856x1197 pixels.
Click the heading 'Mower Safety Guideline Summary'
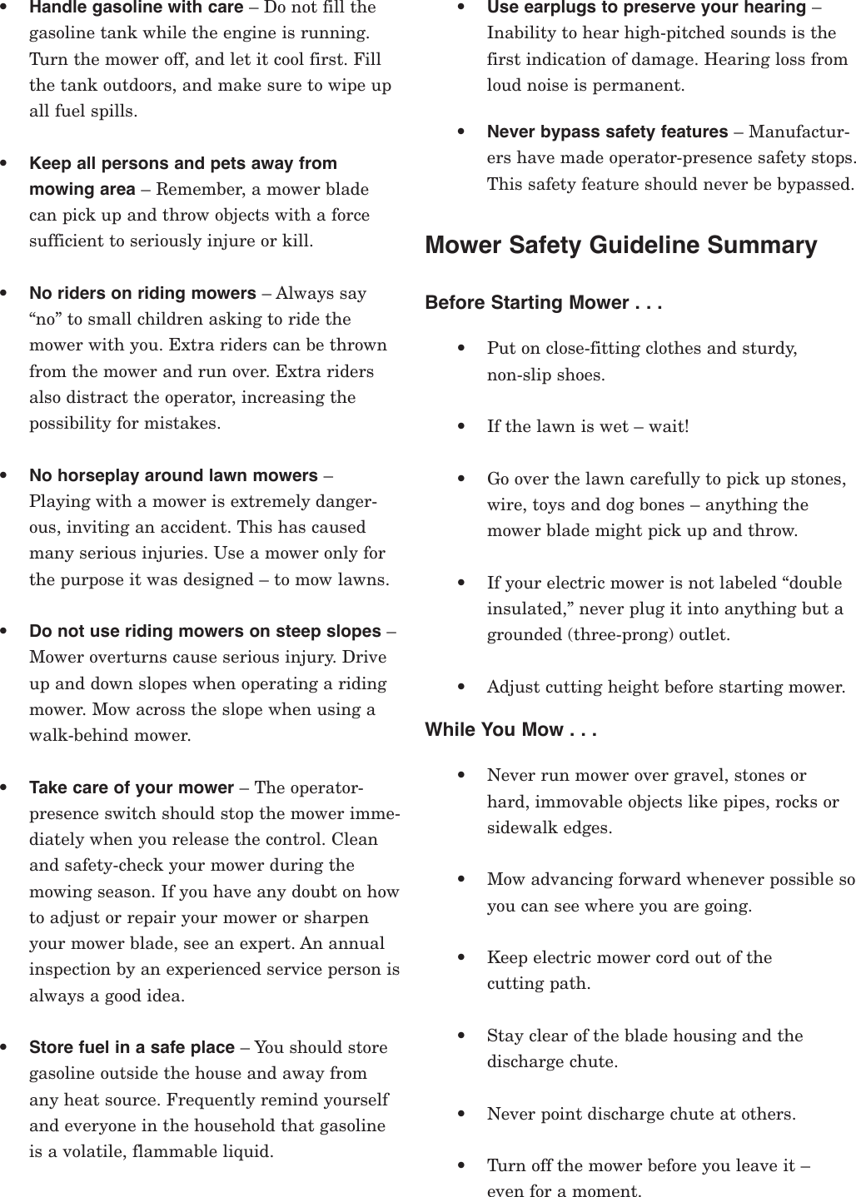tap(620, 246)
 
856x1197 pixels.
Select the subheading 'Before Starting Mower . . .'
tap(543, 302)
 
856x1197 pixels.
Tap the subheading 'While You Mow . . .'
tap(510, 730)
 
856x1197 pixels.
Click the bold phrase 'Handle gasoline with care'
tap(136, 8)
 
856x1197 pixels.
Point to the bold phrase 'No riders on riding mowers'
tap(142, 293)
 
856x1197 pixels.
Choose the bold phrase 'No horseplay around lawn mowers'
tap(173, 475)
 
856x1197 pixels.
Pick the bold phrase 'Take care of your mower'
tap(132, 787)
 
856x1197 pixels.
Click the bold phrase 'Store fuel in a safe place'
tap(132, 1047)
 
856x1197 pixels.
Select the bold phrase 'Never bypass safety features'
tap(607, 132)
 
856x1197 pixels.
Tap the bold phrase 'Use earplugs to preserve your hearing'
tap(646, 7)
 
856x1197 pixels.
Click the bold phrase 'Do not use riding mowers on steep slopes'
tap(205, 631)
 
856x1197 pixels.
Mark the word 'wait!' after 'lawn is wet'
tap(669, 427)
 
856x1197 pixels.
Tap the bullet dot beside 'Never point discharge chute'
tap(461, 1114)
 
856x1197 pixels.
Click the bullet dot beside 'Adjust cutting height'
tap(461, 688)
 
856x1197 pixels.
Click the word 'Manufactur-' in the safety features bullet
tap(799, 132)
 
